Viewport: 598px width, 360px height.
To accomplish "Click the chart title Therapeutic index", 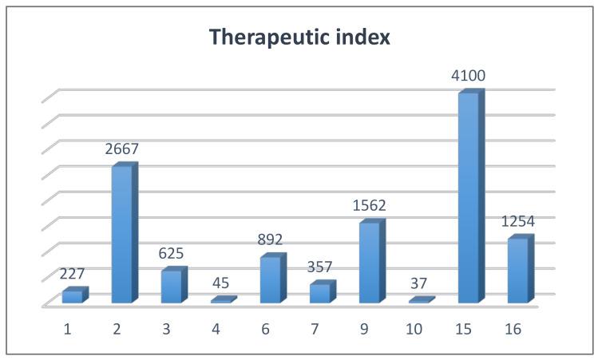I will [299, 37].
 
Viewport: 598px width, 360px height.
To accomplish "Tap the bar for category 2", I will [121, 235].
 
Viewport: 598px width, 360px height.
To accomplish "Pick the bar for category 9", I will [369, 263].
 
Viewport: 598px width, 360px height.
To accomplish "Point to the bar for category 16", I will [517, 271].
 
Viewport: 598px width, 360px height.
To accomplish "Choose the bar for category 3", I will [171, 287].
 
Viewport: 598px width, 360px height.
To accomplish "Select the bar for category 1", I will [72, 296].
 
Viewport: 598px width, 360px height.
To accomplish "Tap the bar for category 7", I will [319, 293].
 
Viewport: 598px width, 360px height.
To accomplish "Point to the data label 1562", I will [368, 206].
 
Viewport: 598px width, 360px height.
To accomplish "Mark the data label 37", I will [418, 285].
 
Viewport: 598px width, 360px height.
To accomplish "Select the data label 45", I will [221, 283].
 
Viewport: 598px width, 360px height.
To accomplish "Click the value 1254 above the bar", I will [517, 222].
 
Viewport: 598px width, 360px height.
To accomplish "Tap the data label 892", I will [270, 239].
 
